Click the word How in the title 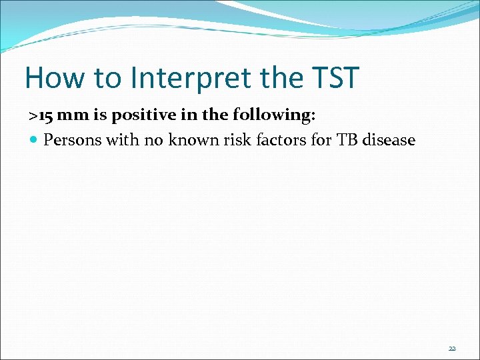tap(54, 78)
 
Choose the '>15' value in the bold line tap(41, 115)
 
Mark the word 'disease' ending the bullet tap(388, 141)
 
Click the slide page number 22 tap(452, 349)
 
